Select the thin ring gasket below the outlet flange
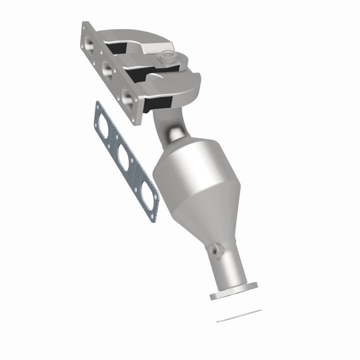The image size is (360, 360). [239, 315]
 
